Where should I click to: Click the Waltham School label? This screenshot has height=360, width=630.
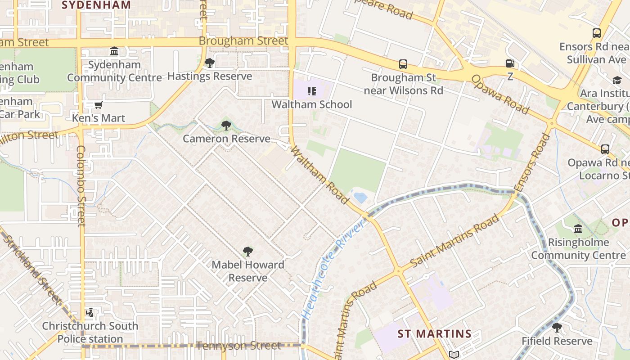[311, 104]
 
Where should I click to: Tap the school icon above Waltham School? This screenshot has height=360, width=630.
[311, 92]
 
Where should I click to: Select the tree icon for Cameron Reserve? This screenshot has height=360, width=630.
[226, 126]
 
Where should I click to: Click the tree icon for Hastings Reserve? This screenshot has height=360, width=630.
[209, 63]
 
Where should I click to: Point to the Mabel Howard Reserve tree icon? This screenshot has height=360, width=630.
[247, 252]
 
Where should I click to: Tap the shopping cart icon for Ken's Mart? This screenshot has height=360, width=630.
[99, 105]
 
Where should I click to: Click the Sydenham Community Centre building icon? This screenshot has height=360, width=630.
[114, 51]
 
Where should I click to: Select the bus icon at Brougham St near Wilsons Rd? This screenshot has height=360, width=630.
[403, 64]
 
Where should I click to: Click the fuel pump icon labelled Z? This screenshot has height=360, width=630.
[510, 64]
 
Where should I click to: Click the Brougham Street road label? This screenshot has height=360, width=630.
[243, 41]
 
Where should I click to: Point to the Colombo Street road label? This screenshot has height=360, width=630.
[81, 185]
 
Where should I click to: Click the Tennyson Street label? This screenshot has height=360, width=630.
[238, 346]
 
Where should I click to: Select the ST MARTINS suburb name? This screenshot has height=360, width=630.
[434, 334]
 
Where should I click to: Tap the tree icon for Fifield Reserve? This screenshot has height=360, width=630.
[557, 328]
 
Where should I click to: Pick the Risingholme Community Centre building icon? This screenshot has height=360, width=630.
[578, 229]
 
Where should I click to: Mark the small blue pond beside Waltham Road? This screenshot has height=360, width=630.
[360, 197]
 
